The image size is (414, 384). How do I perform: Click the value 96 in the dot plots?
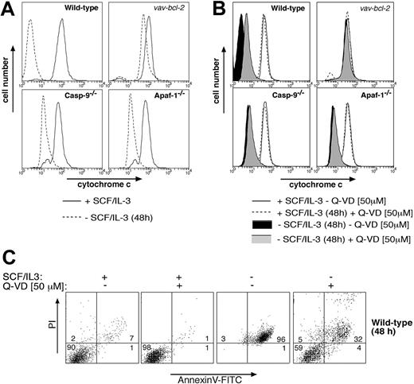279,339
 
